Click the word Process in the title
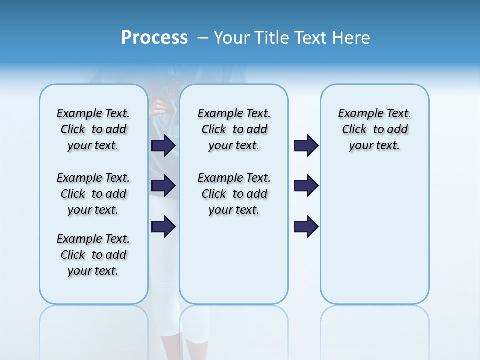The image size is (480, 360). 154,37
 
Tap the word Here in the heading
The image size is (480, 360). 351,38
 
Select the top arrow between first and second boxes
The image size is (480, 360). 163,145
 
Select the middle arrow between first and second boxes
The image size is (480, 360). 163,186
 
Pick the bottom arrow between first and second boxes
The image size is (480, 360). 163,226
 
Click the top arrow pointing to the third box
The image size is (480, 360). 306,145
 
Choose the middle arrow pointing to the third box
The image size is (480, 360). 306,186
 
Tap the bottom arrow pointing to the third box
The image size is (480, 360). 306,226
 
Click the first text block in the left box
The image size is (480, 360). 93,129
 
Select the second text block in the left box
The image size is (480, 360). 93,194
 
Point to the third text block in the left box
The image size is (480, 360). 93,255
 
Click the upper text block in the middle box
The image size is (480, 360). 234,129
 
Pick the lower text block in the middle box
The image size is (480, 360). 234,194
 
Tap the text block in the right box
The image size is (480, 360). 374,129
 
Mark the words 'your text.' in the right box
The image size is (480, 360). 374,146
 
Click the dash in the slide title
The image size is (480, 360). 203,38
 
